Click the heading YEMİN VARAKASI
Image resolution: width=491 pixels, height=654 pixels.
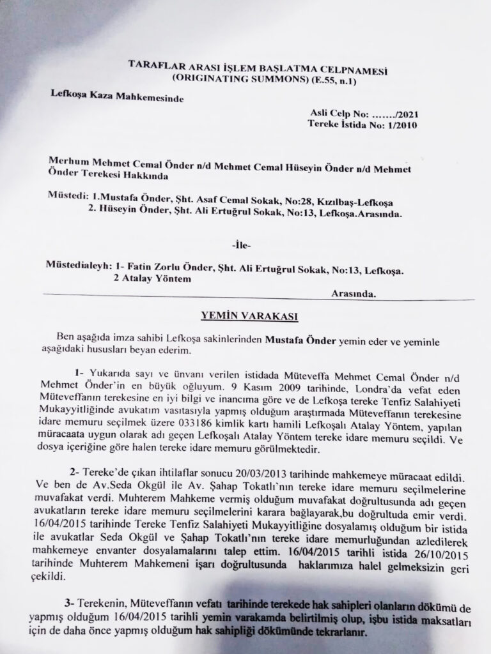click(247, 314)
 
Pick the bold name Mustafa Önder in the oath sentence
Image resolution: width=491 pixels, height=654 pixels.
click(295, 340)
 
